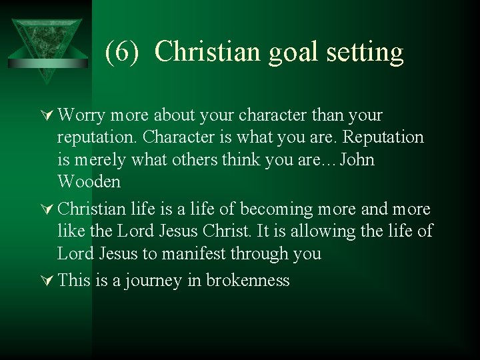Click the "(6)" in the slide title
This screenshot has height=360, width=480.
tap(123, 52)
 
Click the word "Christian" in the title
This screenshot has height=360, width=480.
tap(209, 52)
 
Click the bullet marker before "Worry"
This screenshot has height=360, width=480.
tap(47, 115)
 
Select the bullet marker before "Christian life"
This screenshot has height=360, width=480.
tap(47, 209)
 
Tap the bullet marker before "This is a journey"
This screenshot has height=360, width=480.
tap(47, 281)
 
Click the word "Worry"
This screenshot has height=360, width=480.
tap(81, 116)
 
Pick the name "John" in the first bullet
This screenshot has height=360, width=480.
tap(357, 160)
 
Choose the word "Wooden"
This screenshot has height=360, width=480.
tap(89, 182)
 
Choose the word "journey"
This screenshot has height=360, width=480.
tap(153, 281)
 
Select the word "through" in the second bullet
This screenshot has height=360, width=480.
tap(267, 254)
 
